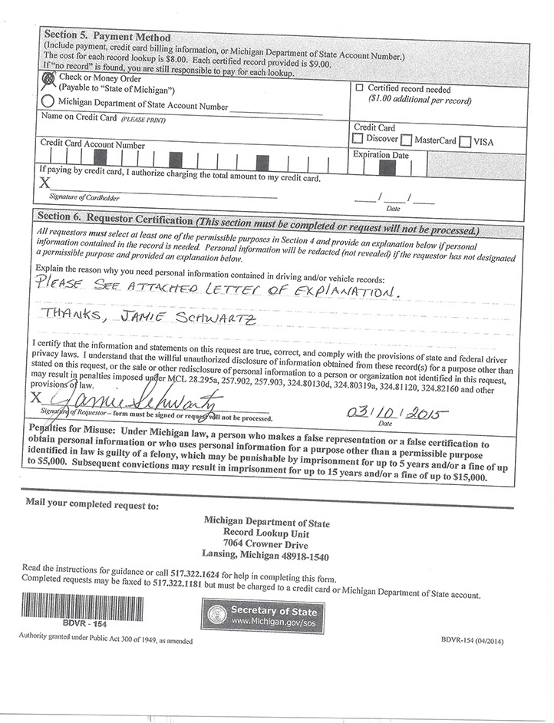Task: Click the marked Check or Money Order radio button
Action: tap(48, 78)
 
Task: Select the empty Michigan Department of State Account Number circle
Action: tap(48, 101)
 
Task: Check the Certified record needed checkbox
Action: tap(359, 88)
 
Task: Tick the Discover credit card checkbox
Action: tap(358, 140)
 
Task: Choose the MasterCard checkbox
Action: tap(407, 140)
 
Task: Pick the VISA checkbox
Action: tap(465, 141)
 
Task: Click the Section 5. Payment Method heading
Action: tap(107, 35)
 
